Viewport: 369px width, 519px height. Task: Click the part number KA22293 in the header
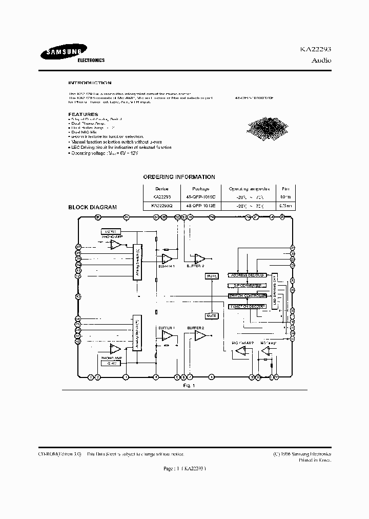(315, 50)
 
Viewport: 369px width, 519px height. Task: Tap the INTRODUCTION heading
(90, 83)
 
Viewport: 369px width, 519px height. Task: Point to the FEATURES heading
(83, 114)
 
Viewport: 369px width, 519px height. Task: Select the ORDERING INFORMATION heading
(179, 177)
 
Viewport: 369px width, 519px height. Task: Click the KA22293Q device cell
(161, 206)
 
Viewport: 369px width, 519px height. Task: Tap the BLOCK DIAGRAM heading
(93, 207)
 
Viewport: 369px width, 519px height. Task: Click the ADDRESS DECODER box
(247, 275)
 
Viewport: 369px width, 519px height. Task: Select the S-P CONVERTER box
(247, 286)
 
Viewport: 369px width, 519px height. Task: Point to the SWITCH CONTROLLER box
(247, 296)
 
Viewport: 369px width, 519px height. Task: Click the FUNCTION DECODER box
(247, 306)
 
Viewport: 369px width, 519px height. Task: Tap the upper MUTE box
(211, 276)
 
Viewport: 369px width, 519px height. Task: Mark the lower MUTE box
(211, 315)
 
